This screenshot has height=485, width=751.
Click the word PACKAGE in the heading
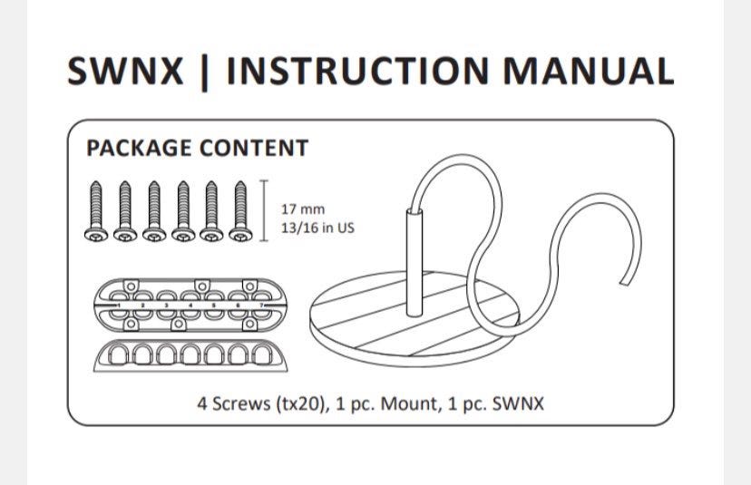coord(139,148)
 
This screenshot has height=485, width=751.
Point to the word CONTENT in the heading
coord(254,148)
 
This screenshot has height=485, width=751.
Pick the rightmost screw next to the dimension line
coord(241,210)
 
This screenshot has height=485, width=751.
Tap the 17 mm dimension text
coord(303,210)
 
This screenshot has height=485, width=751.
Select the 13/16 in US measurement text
coord(318,228)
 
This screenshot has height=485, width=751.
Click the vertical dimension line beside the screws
coord(264,210)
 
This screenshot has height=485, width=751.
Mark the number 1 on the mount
coord(120,306)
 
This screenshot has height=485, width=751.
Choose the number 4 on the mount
coord(190,306)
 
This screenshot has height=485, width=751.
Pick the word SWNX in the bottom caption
coord(518,403)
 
